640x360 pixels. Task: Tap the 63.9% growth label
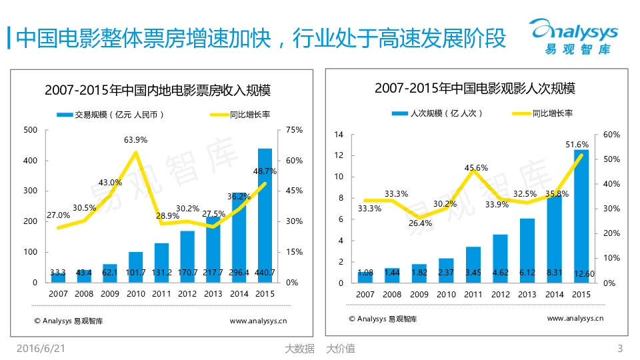point(136,140)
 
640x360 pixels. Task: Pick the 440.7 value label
point(265,273)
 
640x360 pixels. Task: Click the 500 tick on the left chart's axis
point(30,130)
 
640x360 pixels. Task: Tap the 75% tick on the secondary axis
point(294,130)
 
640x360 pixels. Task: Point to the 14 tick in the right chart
point(338,135)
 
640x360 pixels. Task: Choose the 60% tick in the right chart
point(611,135)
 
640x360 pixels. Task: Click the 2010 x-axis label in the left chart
point(136,293)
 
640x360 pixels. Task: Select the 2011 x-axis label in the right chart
point(473,294)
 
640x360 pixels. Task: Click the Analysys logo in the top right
point(573,37)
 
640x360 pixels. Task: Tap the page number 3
point(620,348)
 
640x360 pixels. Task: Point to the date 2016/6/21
point(41,348)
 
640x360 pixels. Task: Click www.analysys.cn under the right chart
point(575,319)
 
